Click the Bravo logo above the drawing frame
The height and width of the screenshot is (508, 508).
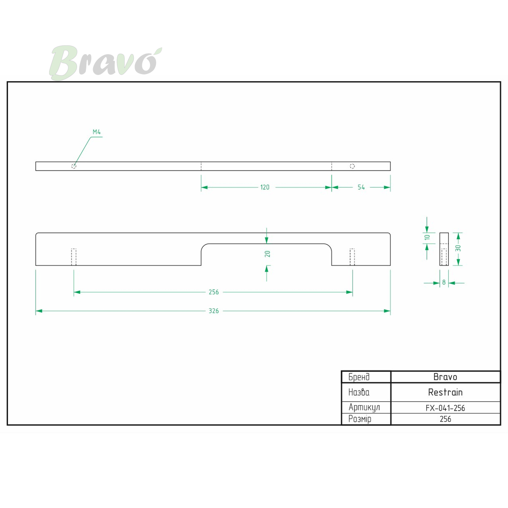[105, 63]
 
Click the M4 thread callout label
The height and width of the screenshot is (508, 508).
[97, 132]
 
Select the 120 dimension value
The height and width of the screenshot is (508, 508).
[265, 187]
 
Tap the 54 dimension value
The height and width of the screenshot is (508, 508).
[361, 187]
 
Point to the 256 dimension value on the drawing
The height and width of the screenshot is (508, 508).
[213, 292]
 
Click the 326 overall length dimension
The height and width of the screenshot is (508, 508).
[213, 311]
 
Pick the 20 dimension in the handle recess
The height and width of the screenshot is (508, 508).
[267, 254]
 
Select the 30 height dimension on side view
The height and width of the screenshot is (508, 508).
[458, 248]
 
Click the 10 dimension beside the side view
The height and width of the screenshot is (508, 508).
[427, 237]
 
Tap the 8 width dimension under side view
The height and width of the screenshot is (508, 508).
[444, 282]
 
